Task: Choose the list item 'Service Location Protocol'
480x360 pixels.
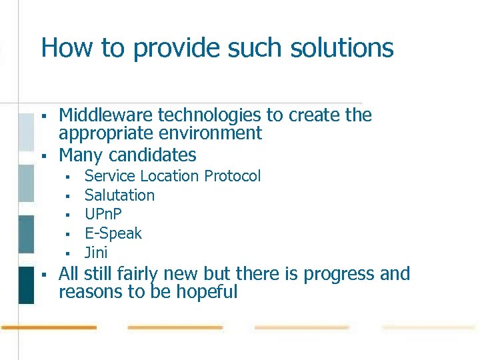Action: [172, 176]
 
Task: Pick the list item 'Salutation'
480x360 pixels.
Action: [119, 195]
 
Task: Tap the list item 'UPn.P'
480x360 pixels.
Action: [103, 215]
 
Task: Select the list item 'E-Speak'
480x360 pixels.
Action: [113, 233]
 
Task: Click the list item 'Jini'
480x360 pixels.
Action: [95, 253]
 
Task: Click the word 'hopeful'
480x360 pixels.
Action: [208, 292]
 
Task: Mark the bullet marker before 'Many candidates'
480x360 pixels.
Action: [43, 156]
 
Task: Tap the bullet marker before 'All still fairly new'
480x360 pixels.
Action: [43, 275]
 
